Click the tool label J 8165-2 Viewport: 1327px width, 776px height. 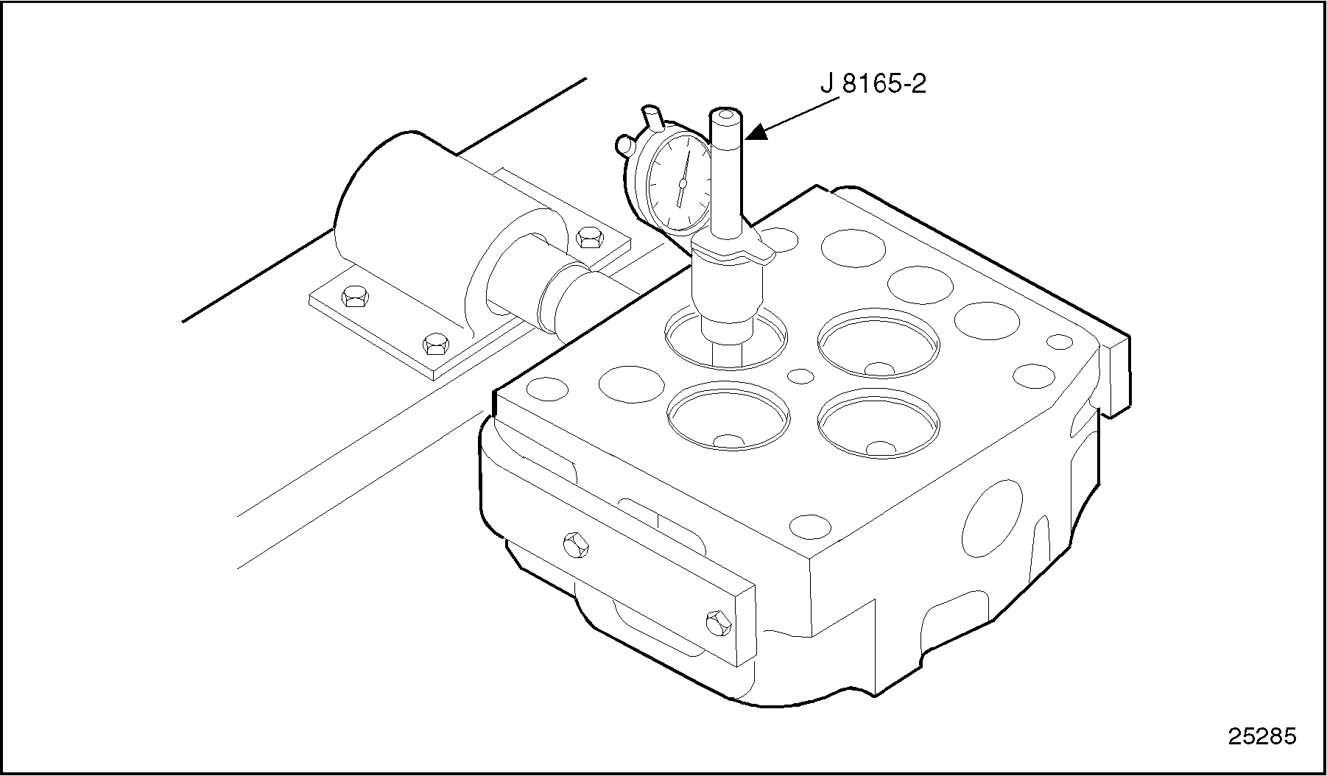(x=873, y=85)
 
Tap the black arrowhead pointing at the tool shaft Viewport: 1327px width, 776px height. (x=758, y=133)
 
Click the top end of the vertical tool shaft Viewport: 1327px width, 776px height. (x=725, y=116)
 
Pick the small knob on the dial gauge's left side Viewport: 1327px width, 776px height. (x=624, y=144)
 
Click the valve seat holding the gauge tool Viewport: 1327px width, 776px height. (x=725, y=338)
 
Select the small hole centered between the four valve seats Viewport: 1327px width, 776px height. (x=800, y=375)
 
